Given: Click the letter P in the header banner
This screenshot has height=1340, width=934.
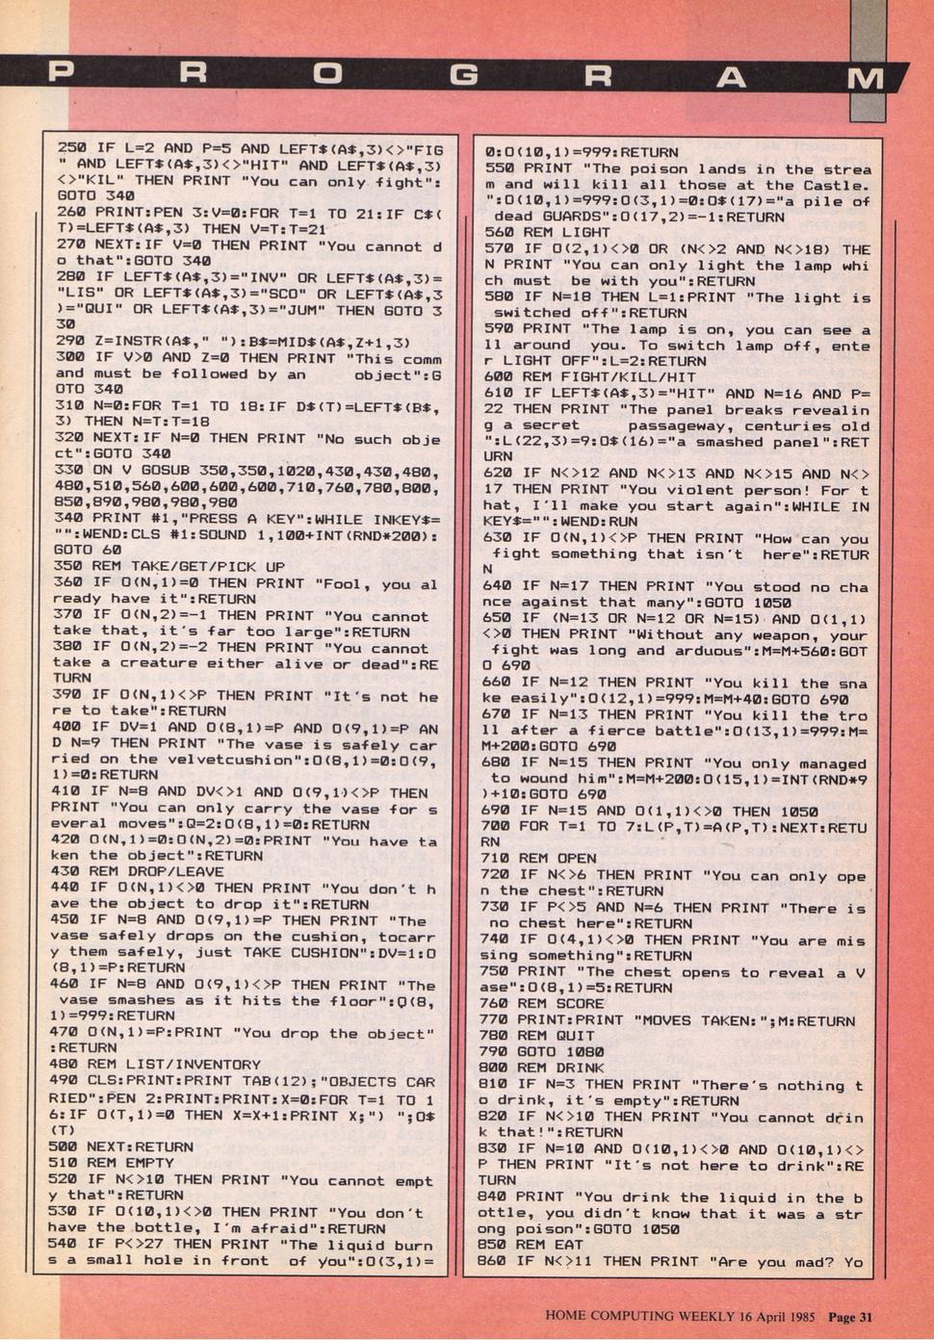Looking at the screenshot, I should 60,74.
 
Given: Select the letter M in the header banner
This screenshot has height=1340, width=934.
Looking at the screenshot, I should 866,78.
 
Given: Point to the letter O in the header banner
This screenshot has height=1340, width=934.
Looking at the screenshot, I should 328,74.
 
